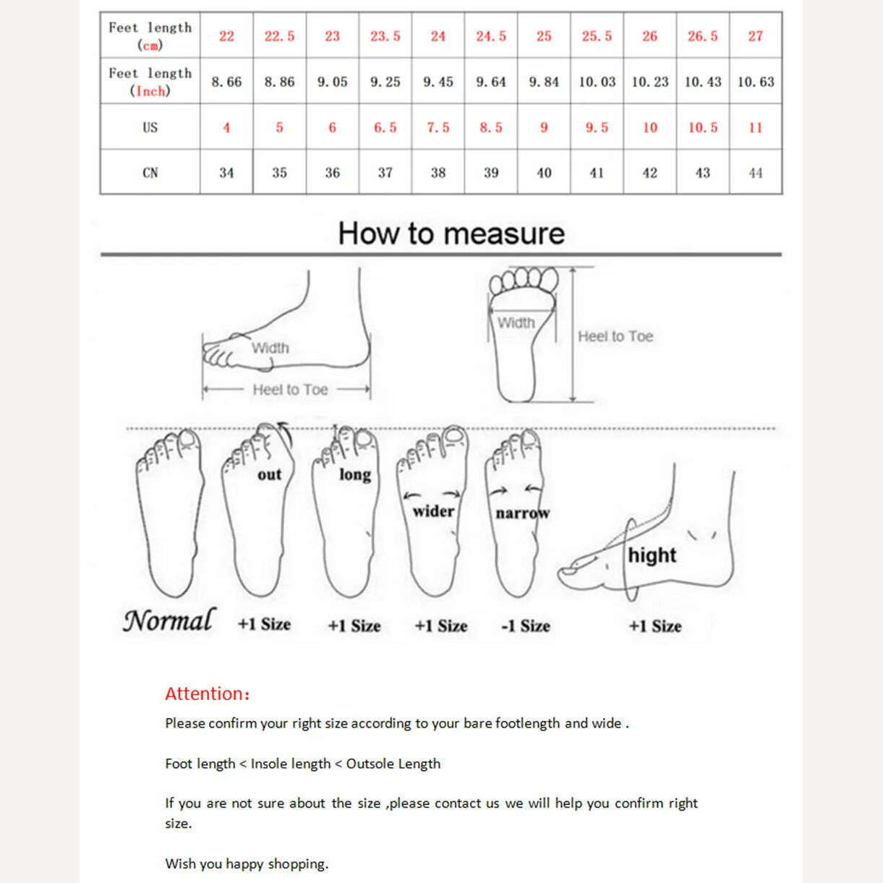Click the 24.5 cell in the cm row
[491, 36]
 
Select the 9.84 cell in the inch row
[544, 82]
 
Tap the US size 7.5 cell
[438, 127]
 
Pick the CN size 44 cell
[756, 173]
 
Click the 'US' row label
[150, 127]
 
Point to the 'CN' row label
[150, 173]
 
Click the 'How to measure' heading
[451, 234]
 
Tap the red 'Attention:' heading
[207, 694]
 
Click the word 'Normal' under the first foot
[169, 620]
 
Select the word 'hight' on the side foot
[652, 555]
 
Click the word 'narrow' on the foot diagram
[522, 513]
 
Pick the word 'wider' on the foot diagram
[433, 511]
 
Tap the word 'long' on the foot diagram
[355, 474]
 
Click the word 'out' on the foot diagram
[269, 474]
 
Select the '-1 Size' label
[526, 626]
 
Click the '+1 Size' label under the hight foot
[655, 626]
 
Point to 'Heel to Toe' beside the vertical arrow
[615, 336]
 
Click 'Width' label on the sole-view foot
[516, 323]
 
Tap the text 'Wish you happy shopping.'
[247, 863]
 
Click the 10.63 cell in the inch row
[756, 82]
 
